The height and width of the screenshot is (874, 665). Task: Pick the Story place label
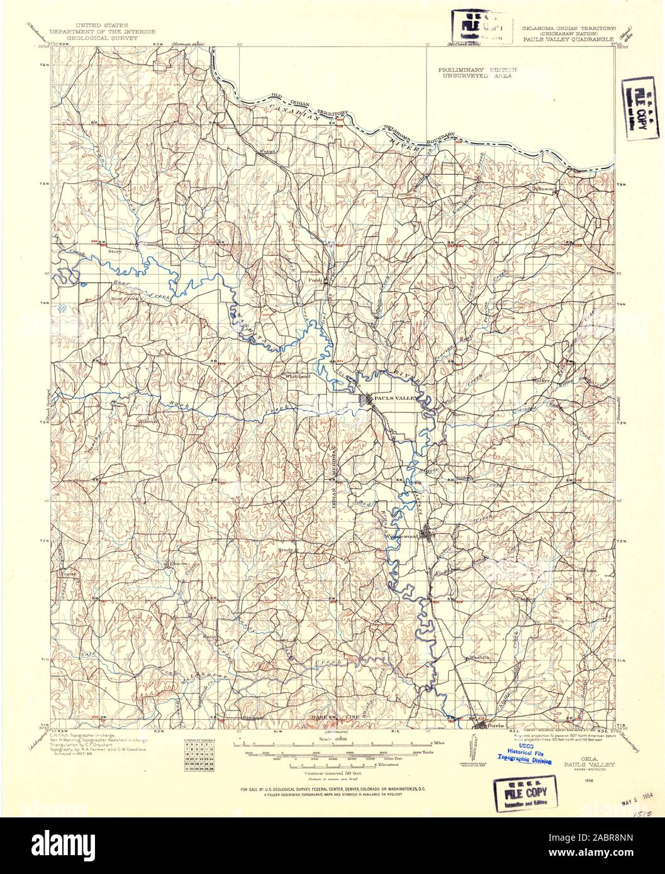[115, 251]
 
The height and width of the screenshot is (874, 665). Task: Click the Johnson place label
[544, 188]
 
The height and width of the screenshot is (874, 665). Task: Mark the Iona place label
[591, 570]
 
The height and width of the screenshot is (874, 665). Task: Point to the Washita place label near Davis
[477, 657]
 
